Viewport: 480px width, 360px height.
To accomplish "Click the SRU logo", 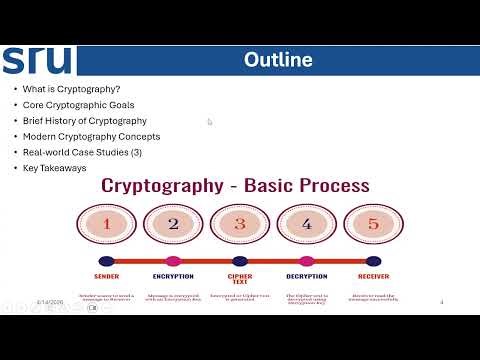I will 37,60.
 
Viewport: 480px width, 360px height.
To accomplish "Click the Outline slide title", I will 278,60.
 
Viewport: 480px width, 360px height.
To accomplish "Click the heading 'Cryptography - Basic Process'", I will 234,186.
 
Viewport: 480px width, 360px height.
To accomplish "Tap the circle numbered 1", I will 106,224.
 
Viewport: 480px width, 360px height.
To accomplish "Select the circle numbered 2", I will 173,224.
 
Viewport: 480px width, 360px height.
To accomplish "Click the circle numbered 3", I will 240,224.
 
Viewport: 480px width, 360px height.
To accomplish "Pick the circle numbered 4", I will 307,224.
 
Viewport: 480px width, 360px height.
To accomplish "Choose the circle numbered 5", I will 373,224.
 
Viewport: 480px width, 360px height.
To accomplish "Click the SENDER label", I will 106,276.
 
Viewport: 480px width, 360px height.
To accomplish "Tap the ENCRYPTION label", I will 173,276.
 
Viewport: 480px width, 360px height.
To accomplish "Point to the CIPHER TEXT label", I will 240,279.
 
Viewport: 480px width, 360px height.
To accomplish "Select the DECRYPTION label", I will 306,276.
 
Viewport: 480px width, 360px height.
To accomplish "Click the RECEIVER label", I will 373,276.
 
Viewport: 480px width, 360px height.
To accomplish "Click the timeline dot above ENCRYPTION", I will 173,261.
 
